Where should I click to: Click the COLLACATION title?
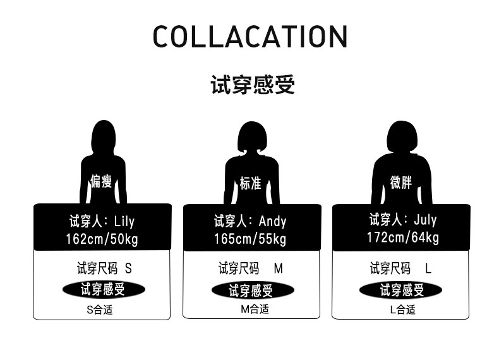250,37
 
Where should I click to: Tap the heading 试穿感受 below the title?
252,85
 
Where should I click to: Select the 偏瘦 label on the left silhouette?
101,183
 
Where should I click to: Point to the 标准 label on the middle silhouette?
251,184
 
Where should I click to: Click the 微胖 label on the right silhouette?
401,183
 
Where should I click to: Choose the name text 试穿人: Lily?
102,221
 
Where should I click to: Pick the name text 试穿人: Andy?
250,221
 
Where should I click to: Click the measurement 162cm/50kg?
102,239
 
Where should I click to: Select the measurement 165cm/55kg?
251,239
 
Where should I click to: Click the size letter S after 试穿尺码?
129,268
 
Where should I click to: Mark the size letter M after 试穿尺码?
279,268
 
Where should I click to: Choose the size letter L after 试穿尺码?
428,268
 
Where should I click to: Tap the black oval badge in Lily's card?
104,290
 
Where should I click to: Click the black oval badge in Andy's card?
252,291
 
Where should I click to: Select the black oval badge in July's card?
400,290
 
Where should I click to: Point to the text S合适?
100,310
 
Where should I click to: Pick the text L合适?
402,309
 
